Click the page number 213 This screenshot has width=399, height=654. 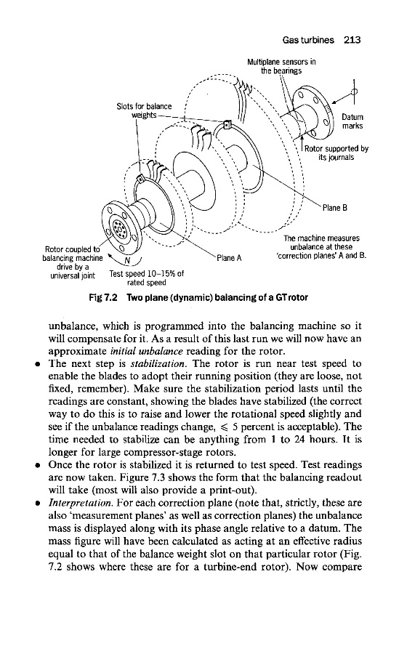tap(352, 40)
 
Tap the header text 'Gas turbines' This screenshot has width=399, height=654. tap(308, 40)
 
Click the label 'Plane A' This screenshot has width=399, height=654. tap(229, 258)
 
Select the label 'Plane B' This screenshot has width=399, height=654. tap(335, 208)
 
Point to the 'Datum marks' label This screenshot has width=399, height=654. tap(352, 121)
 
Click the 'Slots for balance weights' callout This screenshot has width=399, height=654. tap(144, 110)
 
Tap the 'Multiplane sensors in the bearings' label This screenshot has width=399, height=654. tap(281, 66)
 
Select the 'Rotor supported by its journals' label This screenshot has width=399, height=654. tap(336, 153)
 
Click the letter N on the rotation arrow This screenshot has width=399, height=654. tap(128, 262)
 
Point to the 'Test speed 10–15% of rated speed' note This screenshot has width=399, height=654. tap(147, 278)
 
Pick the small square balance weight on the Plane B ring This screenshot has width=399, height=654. tap(227, 124)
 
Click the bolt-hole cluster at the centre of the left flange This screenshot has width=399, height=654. tap(118, 228)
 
